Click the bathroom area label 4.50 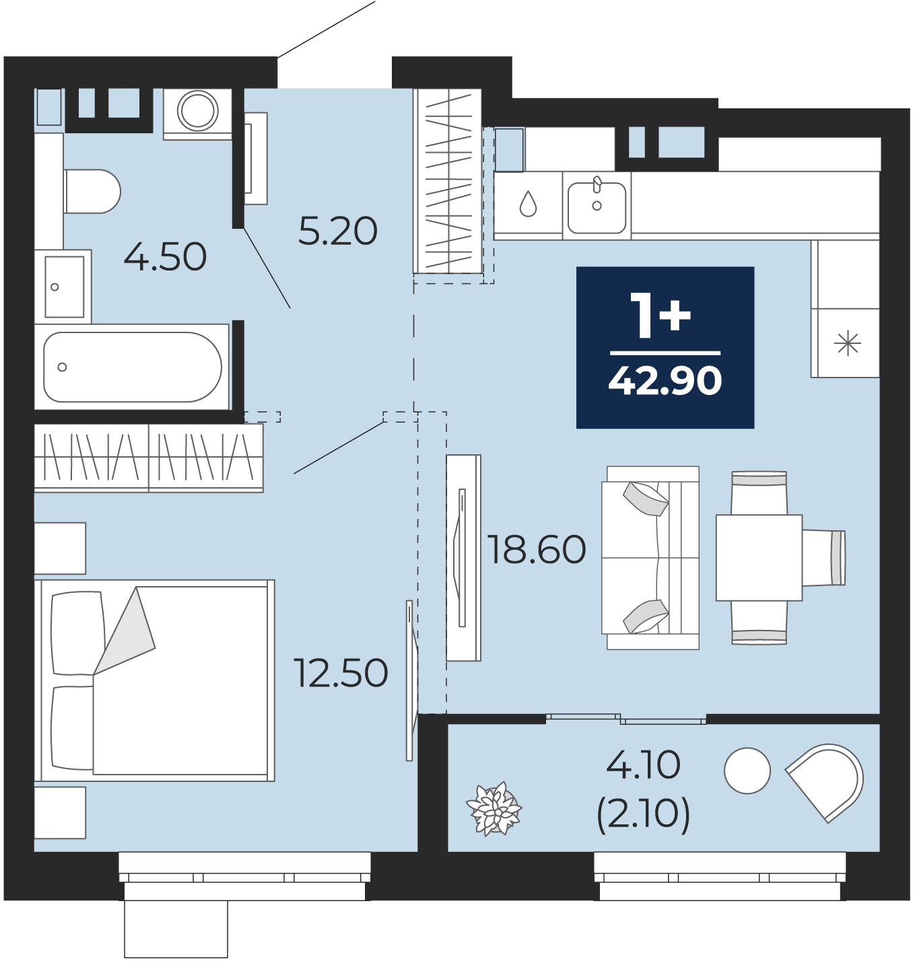tap(165, 257)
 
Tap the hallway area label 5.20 tap(337, 231)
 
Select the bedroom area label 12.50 tap(341, 673)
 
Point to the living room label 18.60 tap(537, 549)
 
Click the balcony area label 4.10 tap(643, 764)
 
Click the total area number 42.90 tap(665, 382)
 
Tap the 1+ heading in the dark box tap(661, 315)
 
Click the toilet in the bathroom tap(92, 191)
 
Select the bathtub tap(132, 367)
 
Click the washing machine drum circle tap(197, 110)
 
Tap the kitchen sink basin tap(597, 207)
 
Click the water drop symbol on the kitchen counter tap(528, 204)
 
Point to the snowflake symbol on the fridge tap(847, 343)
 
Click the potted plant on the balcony tap(494, 809)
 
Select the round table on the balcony tap(747, 771)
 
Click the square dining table tap(759, 558)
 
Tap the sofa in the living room tap(650, 558)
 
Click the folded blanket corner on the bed tap(124, 631)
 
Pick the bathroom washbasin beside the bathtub tap(63, 287)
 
